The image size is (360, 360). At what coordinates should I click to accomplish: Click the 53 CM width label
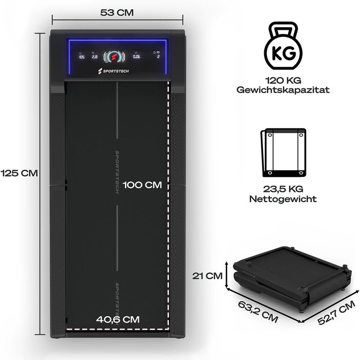[117, 13]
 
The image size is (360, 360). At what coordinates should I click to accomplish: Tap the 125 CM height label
[19, 173]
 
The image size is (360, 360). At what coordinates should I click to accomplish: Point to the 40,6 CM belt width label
[118, 319]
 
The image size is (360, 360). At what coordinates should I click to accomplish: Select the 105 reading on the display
[82, 58]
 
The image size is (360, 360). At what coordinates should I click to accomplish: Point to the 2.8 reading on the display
[94, 58]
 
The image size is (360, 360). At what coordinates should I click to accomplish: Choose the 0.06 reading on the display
[137, 58]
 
